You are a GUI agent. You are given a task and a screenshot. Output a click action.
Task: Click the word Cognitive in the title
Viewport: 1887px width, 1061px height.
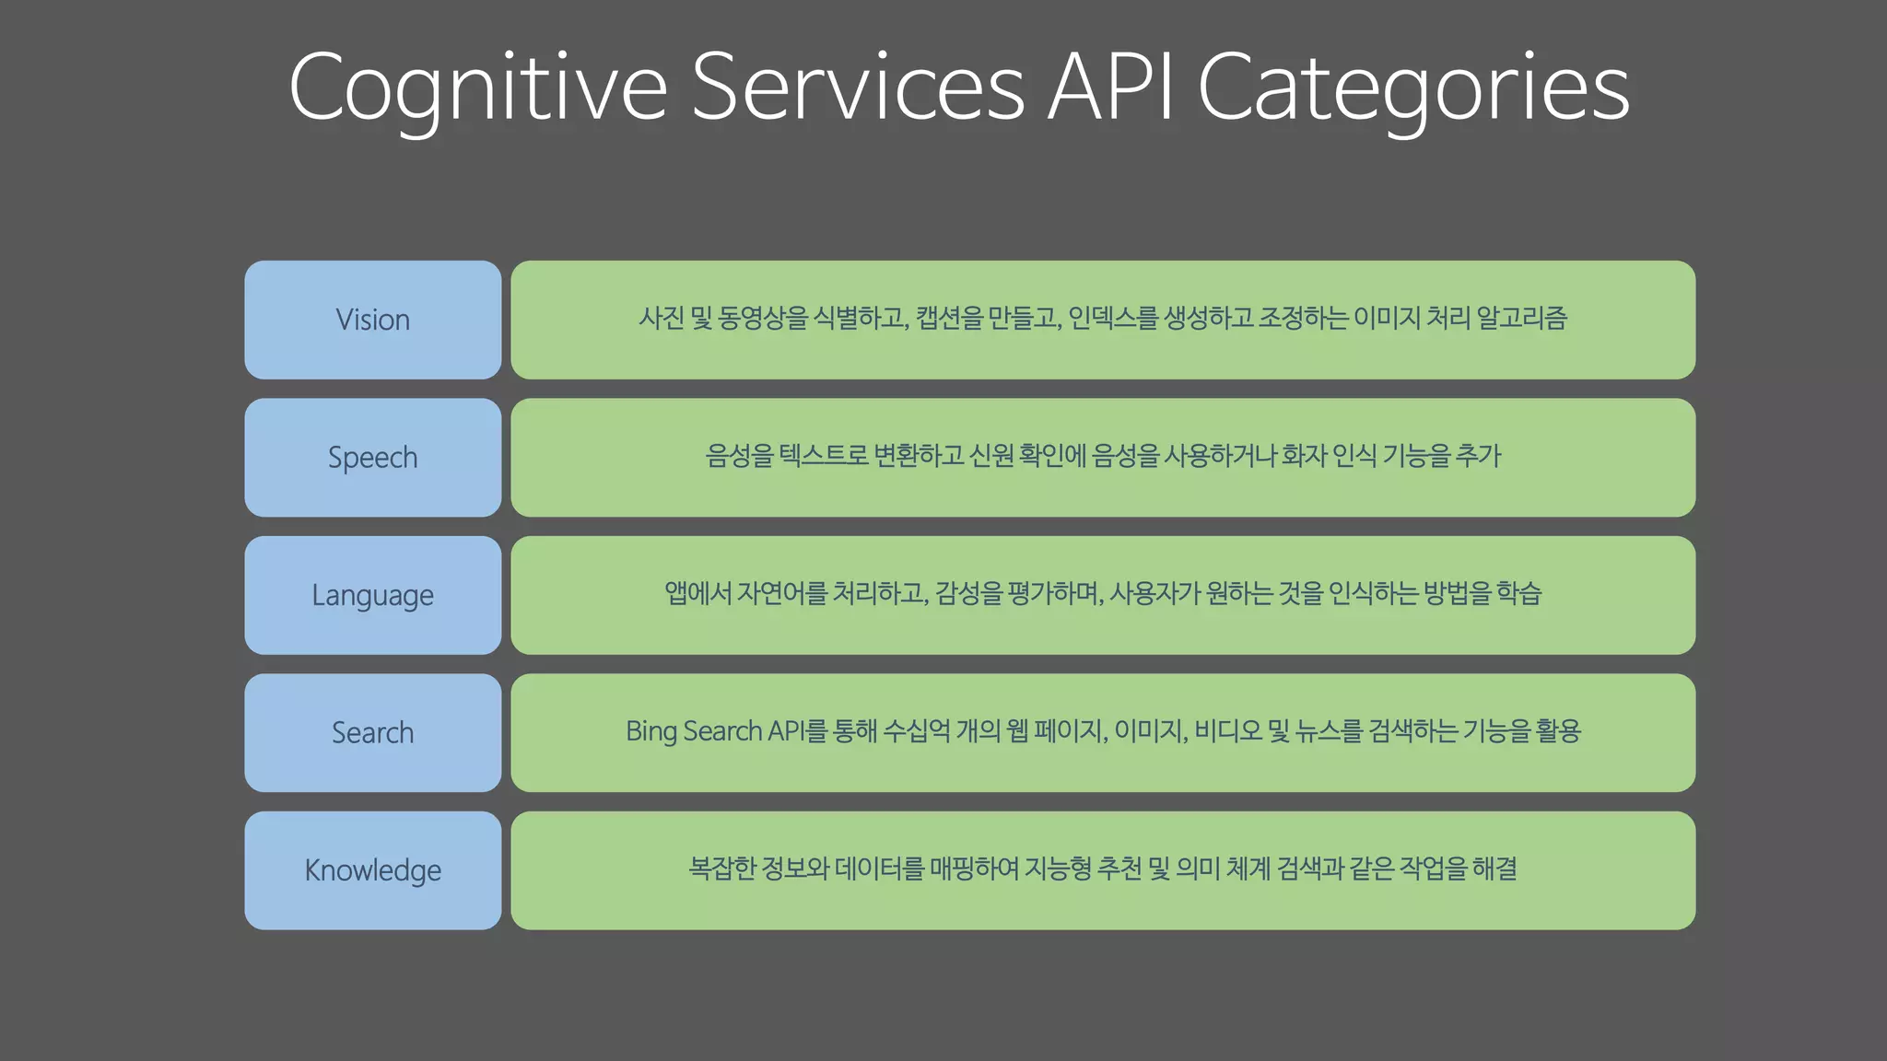pyautogui.click(x=477, y=87)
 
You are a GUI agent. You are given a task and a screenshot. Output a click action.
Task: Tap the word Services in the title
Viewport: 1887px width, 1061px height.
pyautogui.click(x=857, y=87)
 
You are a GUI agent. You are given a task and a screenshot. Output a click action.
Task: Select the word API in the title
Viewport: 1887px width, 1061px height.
pyautogui.click(x=1110, y=87)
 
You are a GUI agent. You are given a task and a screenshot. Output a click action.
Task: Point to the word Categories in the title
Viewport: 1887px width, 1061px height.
pyautogui.click(x=1413, y=87)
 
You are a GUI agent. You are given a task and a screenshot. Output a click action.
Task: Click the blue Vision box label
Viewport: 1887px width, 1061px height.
pyautogui.click(x=372, y=320)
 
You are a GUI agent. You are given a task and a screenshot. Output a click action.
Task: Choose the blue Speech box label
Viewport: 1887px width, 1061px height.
pyautogui.click(x=372, y=458)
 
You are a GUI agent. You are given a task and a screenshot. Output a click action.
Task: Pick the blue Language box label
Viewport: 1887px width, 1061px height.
pyautogui.click(x=372, y=595)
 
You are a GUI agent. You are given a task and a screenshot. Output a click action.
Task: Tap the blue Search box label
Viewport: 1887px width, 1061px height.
pyautogui.click(x=372, y=733)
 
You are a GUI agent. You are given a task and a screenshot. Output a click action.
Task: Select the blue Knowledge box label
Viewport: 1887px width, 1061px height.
pyautogui.click(x=372, y=870)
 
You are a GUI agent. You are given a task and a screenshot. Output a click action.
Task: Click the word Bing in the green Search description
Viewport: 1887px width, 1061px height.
pyautogui.click(x=651, y=731)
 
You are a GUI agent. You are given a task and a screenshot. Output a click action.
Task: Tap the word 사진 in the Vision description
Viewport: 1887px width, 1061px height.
pyautogui.click(x=661, y=318)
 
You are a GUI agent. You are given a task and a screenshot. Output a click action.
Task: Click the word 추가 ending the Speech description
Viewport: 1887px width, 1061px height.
pyautogui.click(x=1478, y=455)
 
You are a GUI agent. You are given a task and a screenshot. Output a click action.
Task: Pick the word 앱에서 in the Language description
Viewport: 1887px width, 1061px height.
pyautogui.click(x=697, y=593)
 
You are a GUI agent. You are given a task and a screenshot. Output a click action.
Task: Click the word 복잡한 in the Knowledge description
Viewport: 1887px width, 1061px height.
pyautogui.click(x=721, y=869)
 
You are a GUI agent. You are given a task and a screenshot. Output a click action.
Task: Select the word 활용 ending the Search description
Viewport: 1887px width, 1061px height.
pyautogui.click(x=1558, y=731)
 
